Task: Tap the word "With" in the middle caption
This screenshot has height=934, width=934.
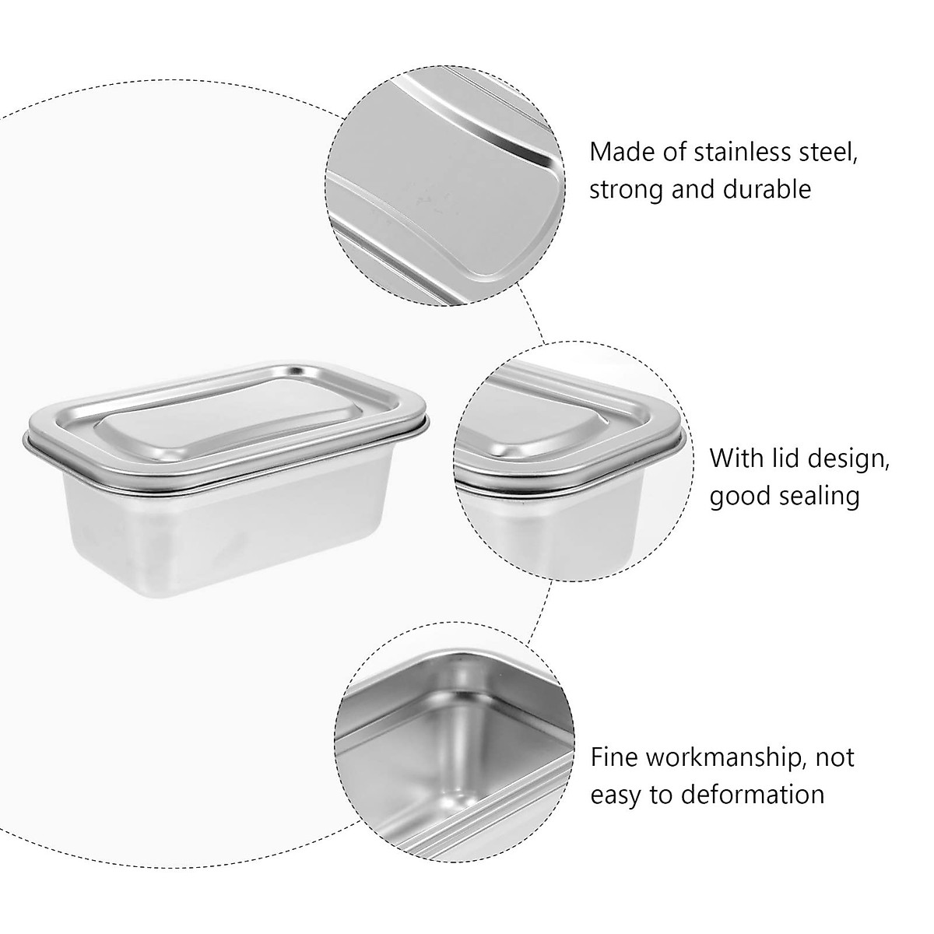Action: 737,458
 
